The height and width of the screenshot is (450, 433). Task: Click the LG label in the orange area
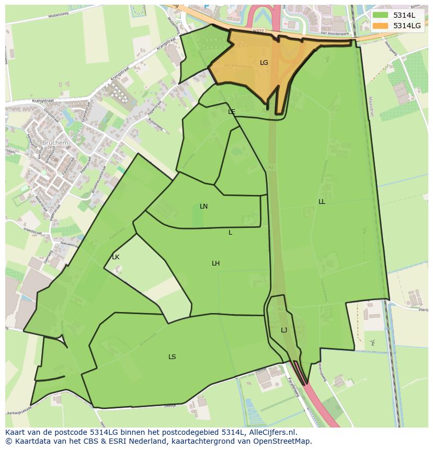[264, 63]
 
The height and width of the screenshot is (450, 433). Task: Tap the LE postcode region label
[232, 111]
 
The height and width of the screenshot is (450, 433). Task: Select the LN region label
[204, 206]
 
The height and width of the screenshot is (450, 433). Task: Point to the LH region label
[215, 263]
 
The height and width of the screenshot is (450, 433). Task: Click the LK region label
[116, 257]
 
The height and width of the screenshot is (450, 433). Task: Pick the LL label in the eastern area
[322, 202]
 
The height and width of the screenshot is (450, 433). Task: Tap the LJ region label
[284, 330]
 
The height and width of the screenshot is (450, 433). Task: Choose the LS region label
[172, 357]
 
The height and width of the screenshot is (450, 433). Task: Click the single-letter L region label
[230, 233]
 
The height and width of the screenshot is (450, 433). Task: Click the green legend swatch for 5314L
[380, 15]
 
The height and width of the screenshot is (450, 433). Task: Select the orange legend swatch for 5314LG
[380, 26]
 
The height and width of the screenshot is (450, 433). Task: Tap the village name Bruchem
[56, 142]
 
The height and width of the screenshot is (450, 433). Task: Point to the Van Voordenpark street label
[335, 33]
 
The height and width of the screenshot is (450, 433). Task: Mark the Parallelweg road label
[293, 387]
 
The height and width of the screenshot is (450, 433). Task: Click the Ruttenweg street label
[155, 124]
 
